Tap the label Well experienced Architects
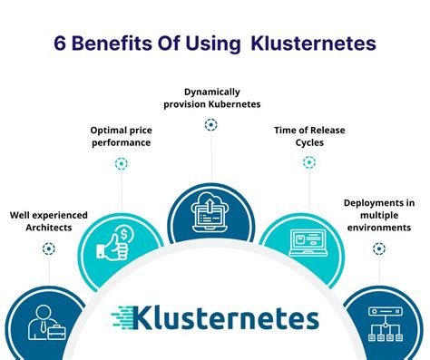(49, 221)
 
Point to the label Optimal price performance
(120, 137)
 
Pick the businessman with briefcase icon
(45, 323)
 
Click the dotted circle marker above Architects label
(49, 248)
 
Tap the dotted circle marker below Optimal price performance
(121, 164)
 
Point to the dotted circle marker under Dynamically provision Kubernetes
(211, 124)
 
